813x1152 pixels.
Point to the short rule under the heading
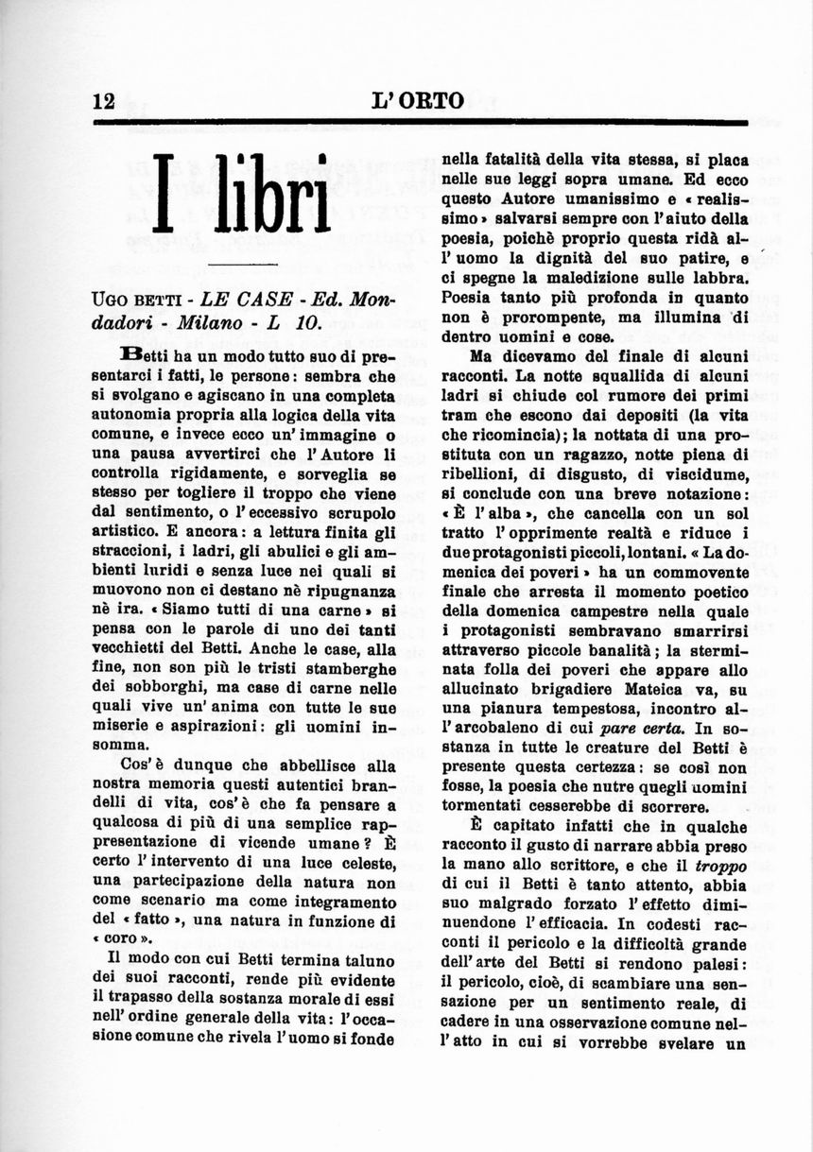click(242, 264)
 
